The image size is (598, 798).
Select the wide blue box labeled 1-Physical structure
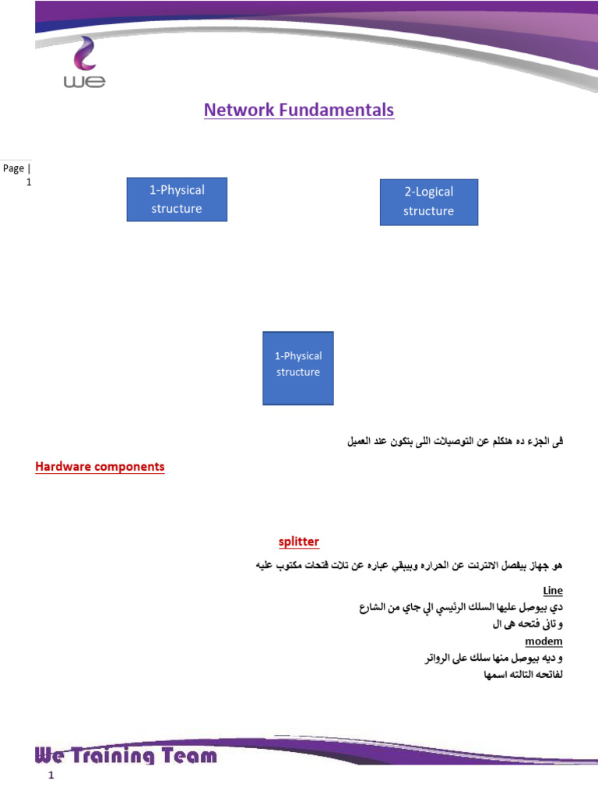pos(177,199)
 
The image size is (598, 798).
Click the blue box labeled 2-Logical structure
pos(428,202)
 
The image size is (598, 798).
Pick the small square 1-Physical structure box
pos(297,368)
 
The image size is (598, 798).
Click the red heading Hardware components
pos(100,467)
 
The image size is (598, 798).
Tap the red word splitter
pos(299,542)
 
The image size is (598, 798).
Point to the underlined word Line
pos(553,591)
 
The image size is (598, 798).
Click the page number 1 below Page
pos(29,182)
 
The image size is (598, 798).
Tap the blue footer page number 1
pos(51,777)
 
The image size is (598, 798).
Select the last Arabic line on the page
pos(522,674)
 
